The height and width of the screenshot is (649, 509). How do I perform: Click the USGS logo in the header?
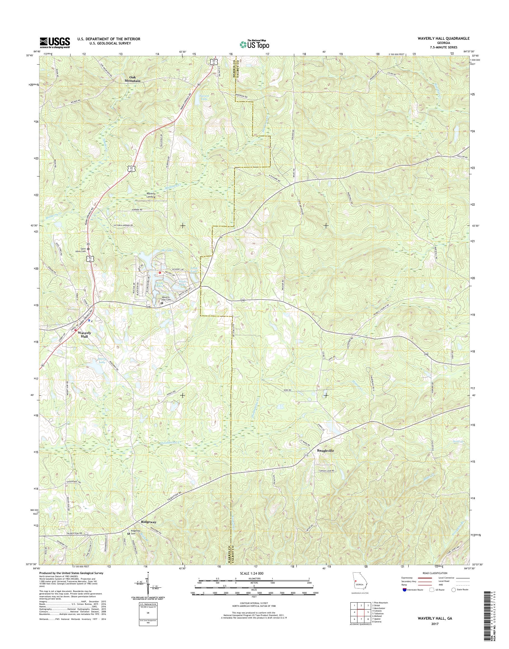pyautogui.click(x=55, y=43)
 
